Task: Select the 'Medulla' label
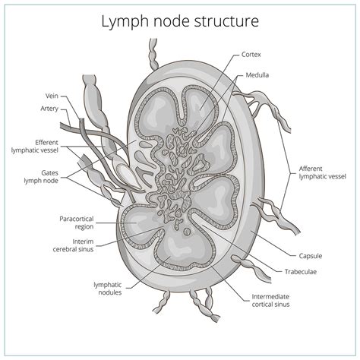click(x=258, y=76)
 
